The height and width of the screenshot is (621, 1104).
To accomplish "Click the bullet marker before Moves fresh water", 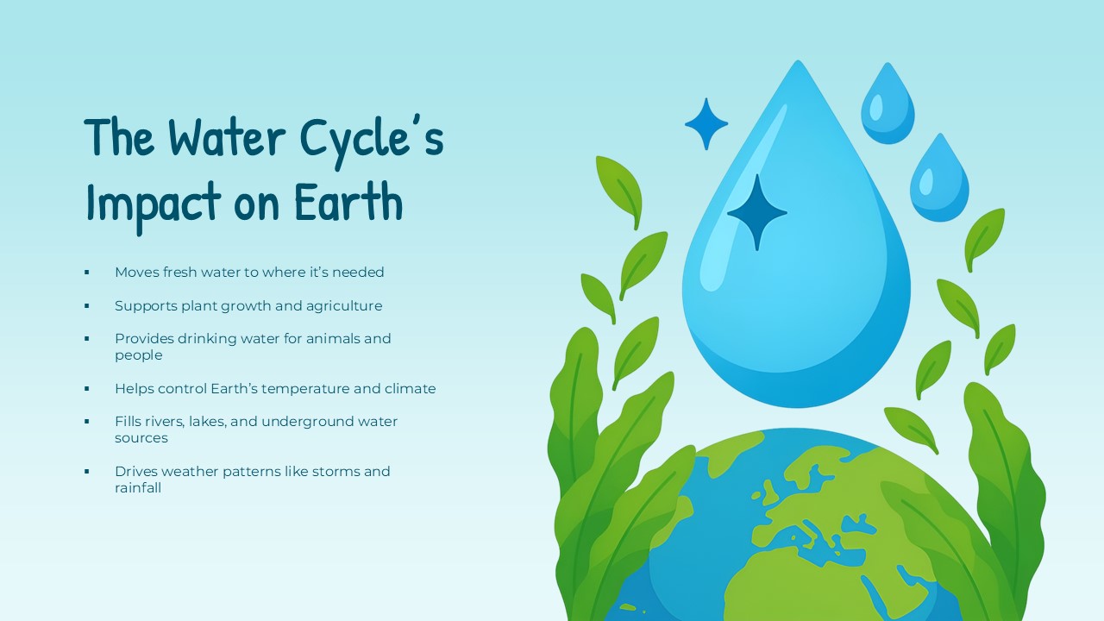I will [87, 273].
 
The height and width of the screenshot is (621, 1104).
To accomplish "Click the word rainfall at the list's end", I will [138, 487].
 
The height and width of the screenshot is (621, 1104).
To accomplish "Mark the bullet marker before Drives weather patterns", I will [87, 472].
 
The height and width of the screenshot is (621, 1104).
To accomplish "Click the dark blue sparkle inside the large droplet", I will [756, 212].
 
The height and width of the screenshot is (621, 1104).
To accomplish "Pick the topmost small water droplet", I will [887, 105].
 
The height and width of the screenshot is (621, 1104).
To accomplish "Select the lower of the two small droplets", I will [938, 179].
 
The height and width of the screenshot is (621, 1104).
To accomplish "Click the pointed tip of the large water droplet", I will [798, 64].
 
